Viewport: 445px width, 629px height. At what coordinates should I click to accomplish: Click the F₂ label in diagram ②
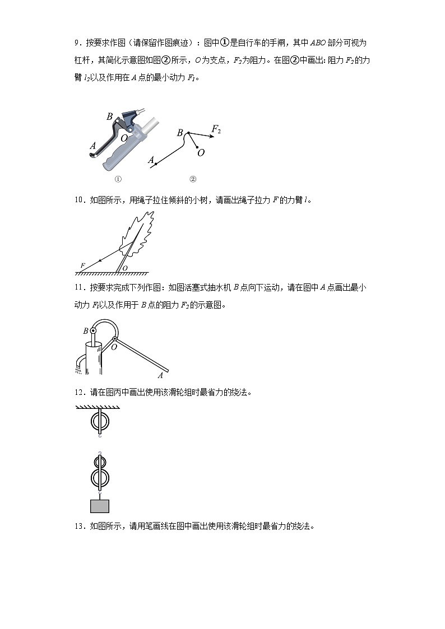[216, 129]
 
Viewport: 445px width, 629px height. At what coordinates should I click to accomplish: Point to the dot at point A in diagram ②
[155, 164]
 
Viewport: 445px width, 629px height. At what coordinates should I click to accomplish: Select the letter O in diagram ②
[201, 152]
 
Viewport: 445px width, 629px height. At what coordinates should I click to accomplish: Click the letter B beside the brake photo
[110, 117]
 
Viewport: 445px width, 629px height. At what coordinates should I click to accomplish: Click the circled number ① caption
[118, 179]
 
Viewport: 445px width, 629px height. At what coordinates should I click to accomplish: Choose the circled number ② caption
[193, 179]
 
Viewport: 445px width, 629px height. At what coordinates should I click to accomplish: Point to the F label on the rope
[83, 264]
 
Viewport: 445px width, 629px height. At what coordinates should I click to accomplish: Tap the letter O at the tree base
[125, 268]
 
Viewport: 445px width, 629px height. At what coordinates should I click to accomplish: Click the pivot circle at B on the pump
[93, 332]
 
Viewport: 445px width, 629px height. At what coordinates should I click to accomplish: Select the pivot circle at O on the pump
[115, 339]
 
